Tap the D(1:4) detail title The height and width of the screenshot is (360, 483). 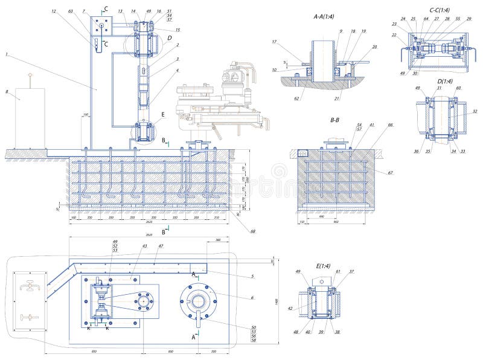tap(439, 82)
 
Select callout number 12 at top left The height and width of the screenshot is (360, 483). tap(54, 11)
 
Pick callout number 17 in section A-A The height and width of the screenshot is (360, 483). tap(274, 42)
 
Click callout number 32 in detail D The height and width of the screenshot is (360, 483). tap(474, 112)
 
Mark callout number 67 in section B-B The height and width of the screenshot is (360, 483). tap(391, 173)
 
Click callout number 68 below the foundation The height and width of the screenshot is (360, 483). tap(252, 231)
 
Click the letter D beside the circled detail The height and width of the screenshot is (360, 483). tap(170, 37)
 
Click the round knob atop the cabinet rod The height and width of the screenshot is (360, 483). tap(30, 76)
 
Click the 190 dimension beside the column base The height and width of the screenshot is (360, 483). tap(86, 114)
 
